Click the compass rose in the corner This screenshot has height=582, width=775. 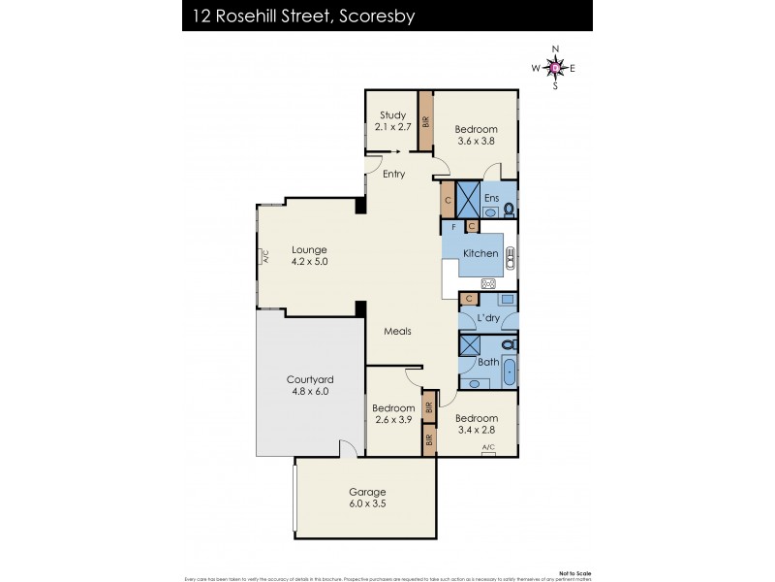(554, 67)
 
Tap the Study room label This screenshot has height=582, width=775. (392, 114)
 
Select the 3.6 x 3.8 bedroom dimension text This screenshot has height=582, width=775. (477, 142)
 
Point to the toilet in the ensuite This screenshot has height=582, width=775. (509, 208)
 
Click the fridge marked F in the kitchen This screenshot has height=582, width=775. (453, 226)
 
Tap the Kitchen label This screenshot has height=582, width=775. (480, 253)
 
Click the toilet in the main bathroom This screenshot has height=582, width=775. (510, 343)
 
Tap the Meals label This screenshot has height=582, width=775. (397, 331)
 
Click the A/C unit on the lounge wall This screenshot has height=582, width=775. (263, 257)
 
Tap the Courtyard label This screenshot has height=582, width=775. (309, 379)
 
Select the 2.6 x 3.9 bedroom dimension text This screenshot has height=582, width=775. (393, 421)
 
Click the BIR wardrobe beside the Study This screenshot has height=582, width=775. (424, 121)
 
